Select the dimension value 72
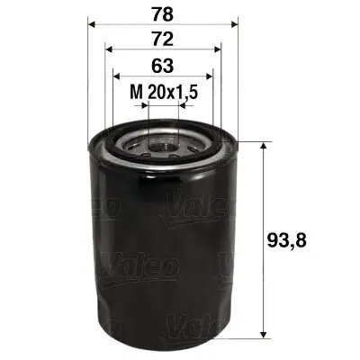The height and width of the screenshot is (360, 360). (161, 40)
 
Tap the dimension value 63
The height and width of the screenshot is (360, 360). (161, 66)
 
